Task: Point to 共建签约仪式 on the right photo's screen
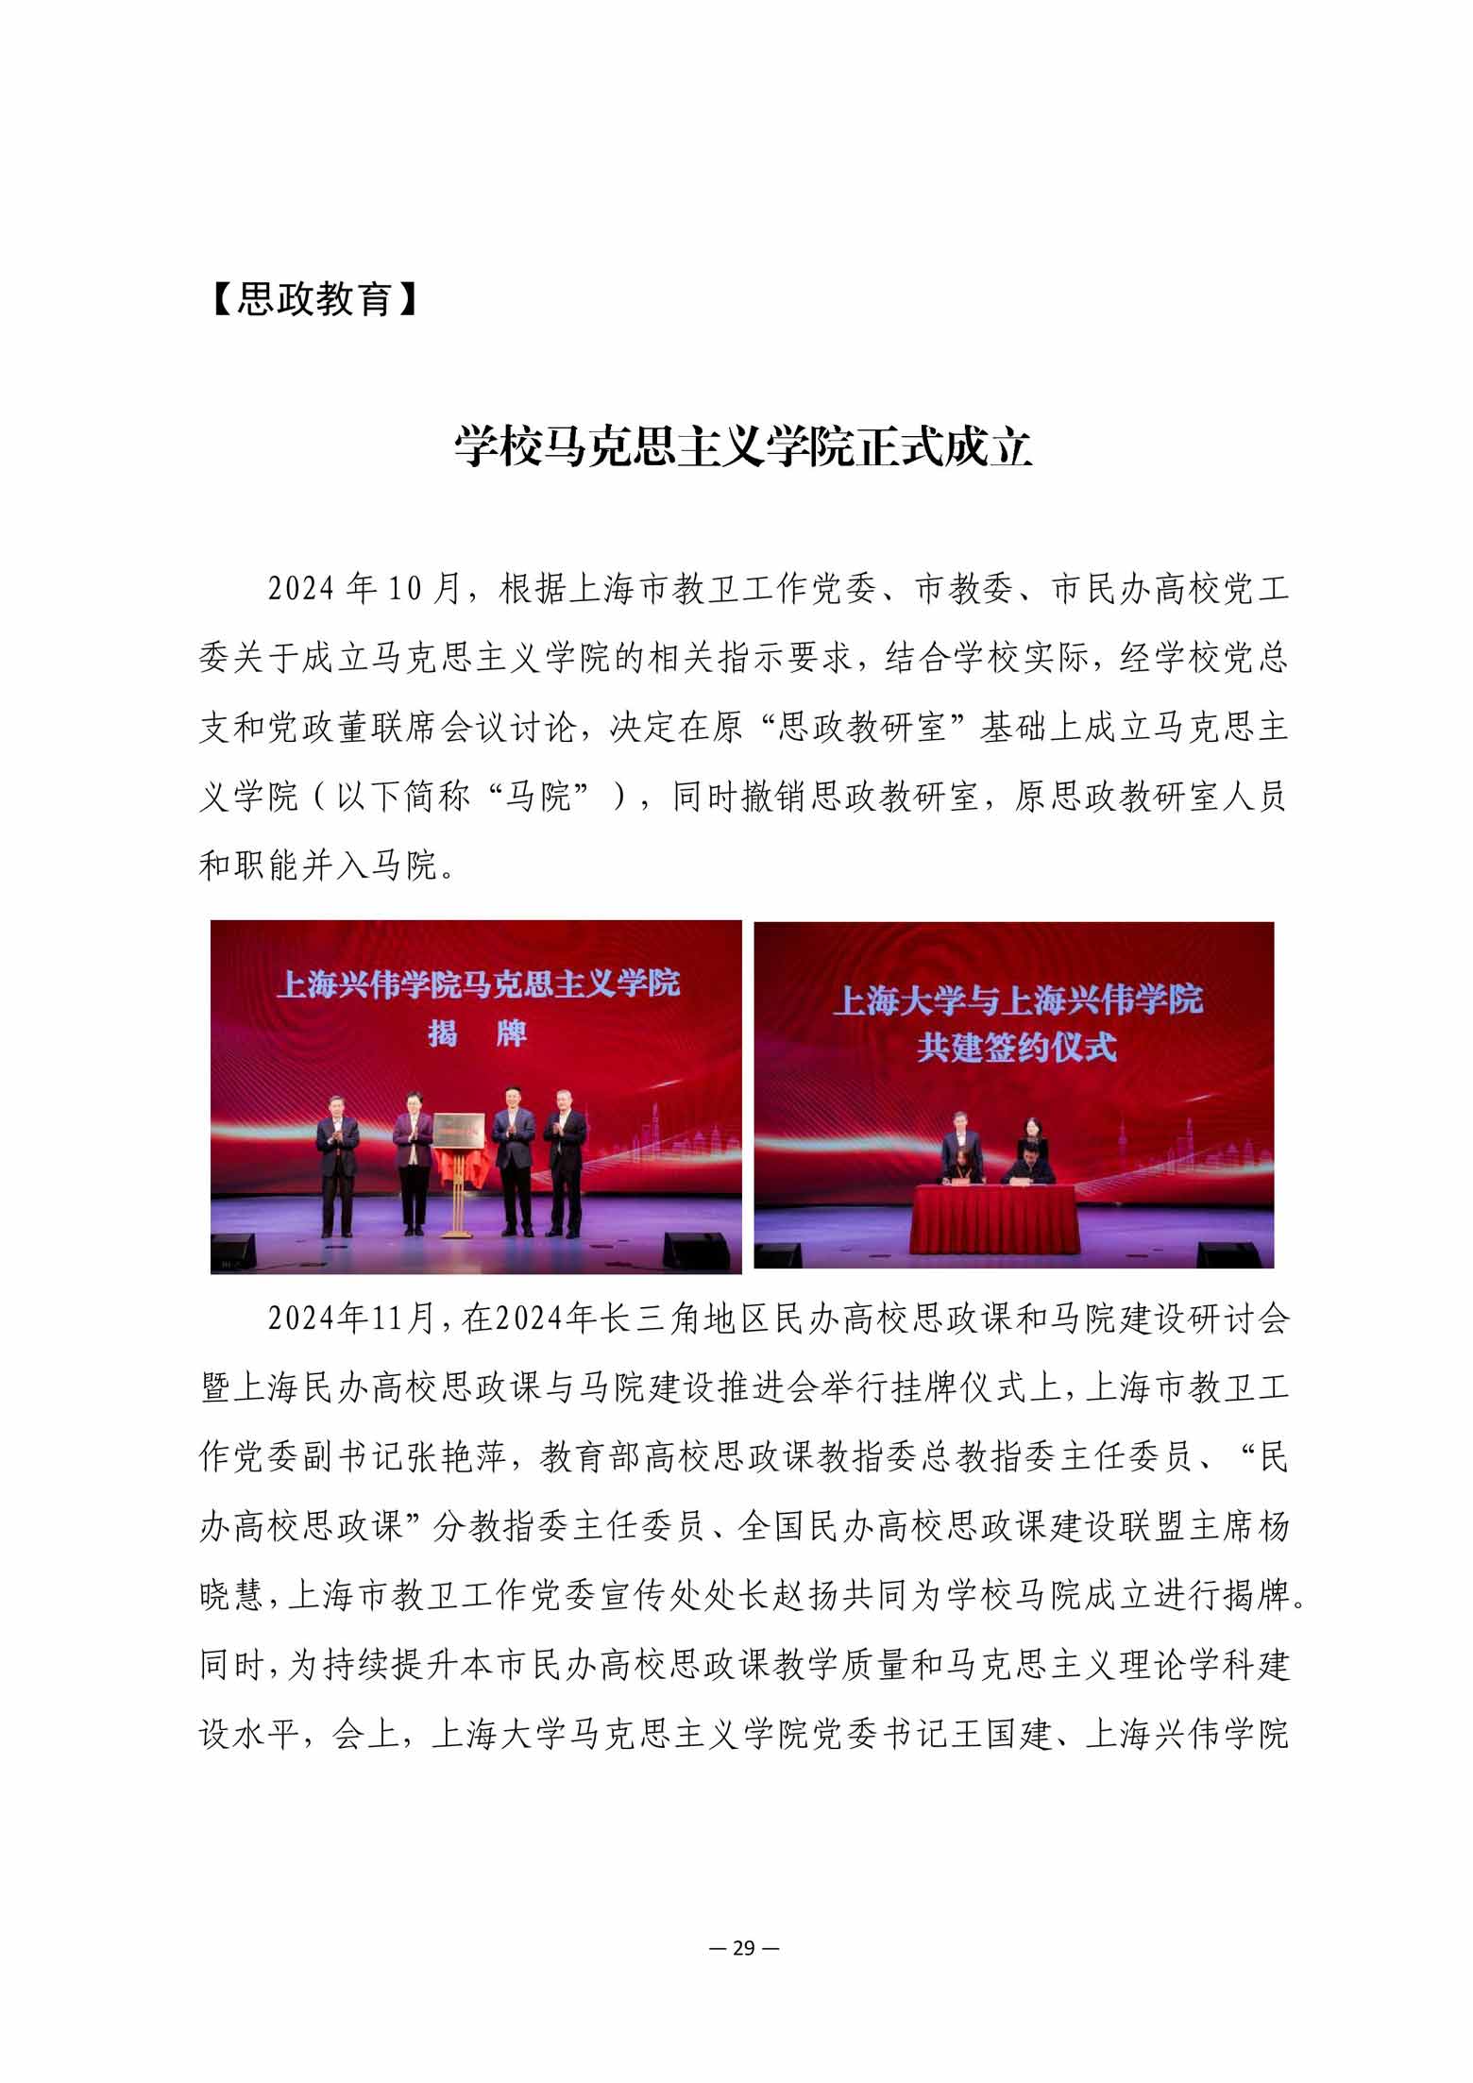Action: [1016, 1048]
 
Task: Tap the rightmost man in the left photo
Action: [566, 1170]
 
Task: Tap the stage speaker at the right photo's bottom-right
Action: [1227, 1254]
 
